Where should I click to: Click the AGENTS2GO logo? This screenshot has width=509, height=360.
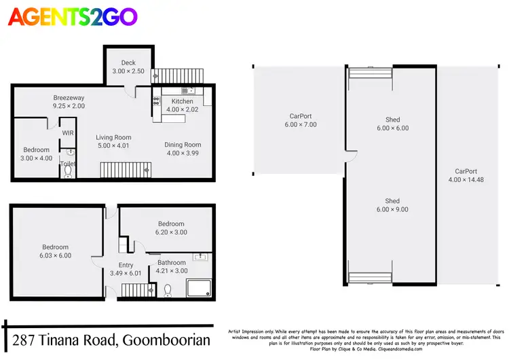73,17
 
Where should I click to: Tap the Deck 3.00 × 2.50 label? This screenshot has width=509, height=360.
128,67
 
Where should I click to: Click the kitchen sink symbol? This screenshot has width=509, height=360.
188,90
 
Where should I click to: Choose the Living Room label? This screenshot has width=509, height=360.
113,141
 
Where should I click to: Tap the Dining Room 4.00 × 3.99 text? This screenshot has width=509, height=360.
183,149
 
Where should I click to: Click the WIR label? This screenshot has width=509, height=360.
68,133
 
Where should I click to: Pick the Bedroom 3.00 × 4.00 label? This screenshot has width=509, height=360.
36,154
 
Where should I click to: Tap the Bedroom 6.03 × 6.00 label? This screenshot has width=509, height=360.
55,251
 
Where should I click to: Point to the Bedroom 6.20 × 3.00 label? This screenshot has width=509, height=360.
171,228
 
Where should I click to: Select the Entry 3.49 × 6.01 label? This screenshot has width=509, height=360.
126,270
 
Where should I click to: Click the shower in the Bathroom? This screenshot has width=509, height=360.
200,289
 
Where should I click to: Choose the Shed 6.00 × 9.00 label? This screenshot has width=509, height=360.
392,205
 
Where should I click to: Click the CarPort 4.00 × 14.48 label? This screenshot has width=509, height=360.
466,176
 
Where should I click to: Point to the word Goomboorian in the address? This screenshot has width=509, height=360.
164,340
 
